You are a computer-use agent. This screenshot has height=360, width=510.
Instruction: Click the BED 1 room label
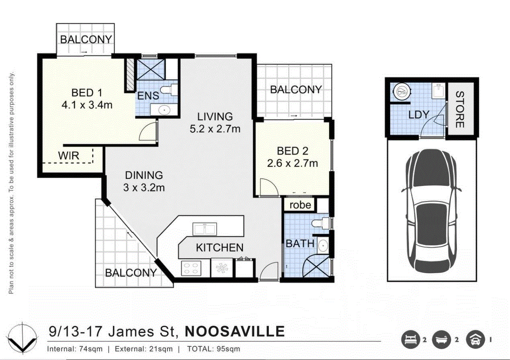pyautogui.click(x=87, y=93)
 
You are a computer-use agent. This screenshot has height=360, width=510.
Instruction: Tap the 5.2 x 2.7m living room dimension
pyautogui.click(x=215, y=129)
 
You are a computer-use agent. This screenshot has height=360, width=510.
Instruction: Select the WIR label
pyautogui.click(x=69, y=155)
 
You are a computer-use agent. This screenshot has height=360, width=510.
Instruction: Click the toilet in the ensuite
pyautogui.click(x=169, y=90)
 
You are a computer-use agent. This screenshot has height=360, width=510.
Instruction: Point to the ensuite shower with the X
pyautogui.click(x=151, y=70)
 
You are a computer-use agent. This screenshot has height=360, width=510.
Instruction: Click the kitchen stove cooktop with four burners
pyautogui.click(x=191, y=268)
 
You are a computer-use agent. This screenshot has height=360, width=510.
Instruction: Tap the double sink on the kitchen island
pyautogui.click(x=205, y=229)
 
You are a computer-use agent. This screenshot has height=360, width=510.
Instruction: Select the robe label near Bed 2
pyautogui.click(x=300, y=205)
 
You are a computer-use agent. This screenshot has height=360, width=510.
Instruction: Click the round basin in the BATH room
pyautogui.click(x=323, y=246)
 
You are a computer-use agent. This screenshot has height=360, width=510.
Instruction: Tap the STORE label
pyautogui.click(x=460, y=109)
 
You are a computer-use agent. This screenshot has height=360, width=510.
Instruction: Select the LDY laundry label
pyautogui.click(x=419, y=115)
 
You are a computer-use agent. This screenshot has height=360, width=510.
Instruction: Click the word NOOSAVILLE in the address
pyautogui.click(x=235, y=331)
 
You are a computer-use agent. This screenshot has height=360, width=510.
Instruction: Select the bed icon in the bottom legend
pyautogui.click(x=411, y=340)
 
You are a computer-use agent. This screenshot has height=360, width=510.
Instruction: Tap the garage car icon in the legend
pyautogui.click(x=475, y=340)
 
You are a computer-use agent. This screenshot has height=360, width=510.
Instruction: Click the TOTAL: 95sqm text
pyautogui.click(x=213, y=349)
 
